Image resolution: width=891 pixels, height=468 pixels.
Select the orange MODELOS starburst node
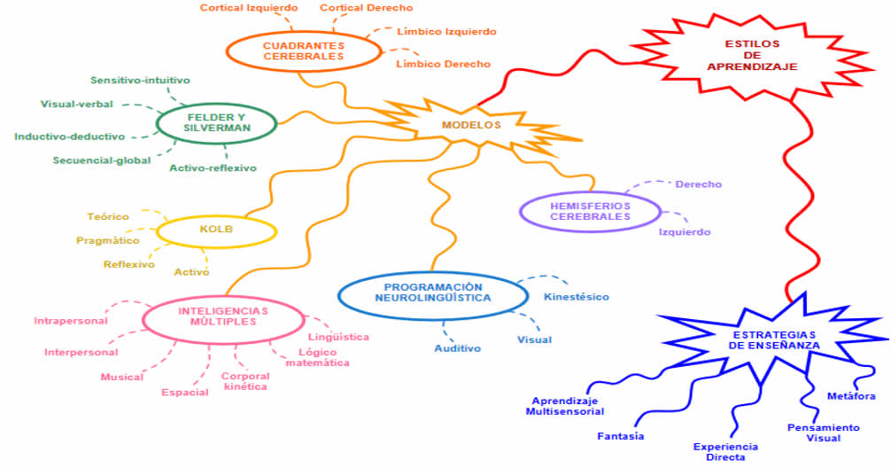(471, 125)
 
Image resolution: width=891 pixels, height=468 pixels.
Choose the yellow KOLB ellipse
(216, 230)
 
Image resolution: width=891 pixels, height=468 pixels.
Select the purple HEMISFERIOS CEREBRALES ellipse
(590, 211)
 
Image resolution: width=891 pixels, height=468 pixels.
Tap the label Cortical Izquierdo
(248, 8)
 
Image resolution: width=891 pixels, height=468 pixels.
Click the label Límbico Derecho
(443, 64)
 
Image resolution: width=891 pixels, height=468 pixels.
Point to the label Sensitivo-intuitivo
(140, 80)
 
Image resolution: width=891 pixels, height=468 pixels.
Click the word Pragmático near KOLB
(108, 240)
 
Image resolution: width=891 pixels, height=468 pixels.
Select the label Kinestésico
(577, 296)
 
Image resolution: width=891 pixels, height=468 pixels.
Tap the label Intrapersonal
(71, 320)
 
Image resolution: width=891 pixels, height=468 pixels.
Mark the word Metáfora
(851, 395)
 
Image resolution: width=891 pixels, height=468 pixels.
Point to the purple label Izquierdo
(684, 232)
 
